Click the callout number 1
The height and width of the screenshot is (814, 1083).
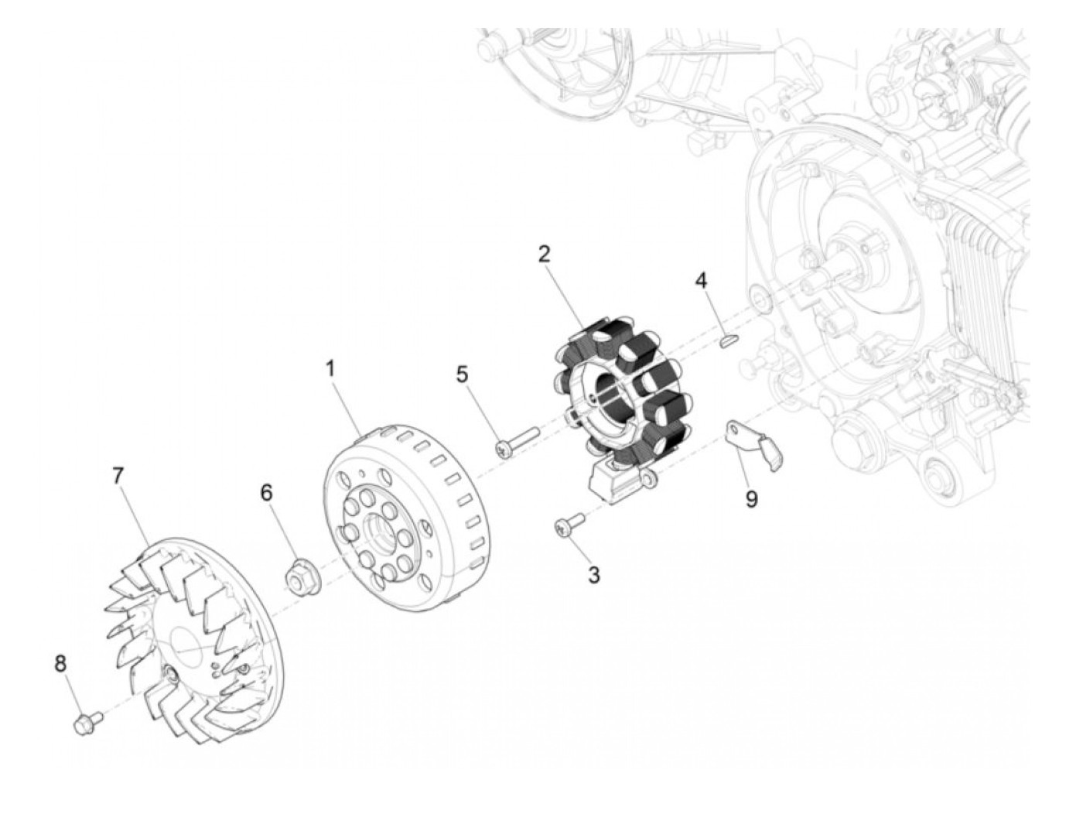[331, 368]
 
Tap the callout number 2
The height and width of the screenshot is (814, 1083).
[545, 254]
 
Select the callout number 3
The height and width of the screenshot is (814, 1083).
[593, 575]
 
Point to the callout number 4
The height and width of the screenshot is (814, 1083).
[701, 280]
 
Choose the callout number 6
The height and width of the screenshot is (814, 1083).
[266, 493]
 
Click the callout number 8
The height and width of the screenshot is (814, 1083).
[60, 663]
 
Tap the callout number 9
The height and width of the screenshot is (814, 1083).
[751, 499]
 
